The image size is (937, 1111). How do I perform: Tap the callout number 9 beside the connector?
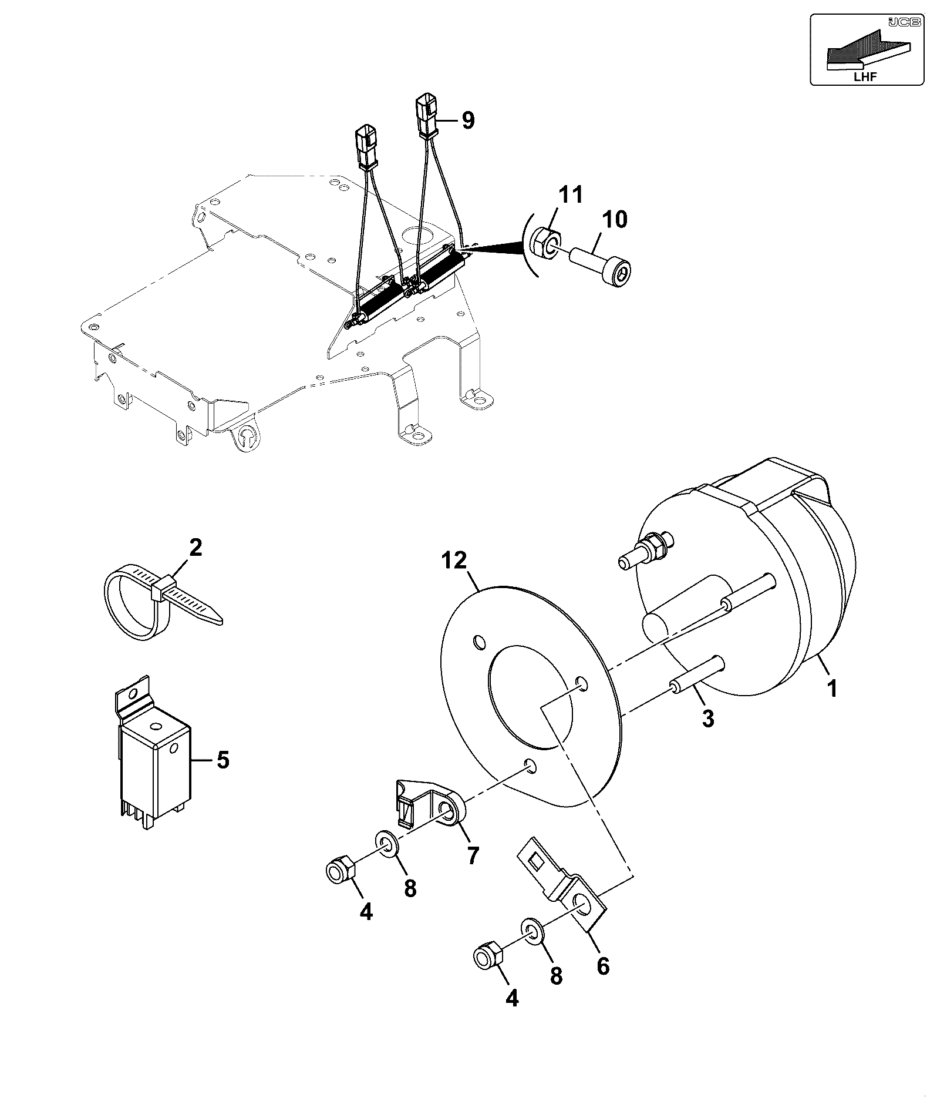point(467,120)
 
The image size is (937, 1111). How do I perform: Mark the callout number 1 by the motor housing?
point(832,687)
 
